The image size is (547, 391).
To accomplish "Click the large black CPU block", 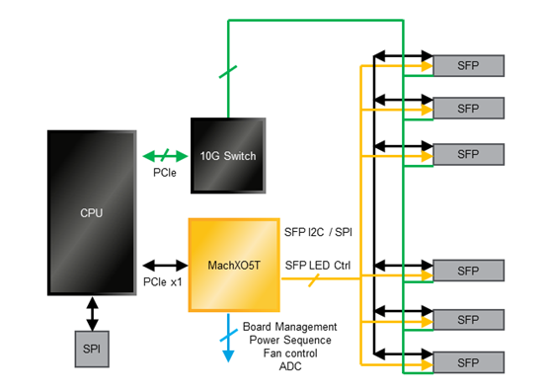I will click(91, 211).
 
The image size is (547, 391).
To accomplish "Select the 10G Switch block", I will click(229, 154).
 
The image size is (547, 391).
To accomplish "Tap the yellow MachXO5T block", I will click(235, 264).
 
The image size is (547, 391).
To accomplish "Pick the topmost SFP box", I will click(469, 65).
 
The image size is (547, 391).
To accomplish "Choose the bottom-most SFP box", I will click(469, 361).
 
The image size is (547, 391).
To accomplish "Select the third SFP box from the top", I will click(469, 154).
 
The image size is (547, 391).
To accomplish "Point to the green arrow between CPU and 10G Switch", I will click(163, 155).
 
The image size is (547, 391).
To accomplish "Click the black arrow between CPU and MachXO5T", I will click(165, 265).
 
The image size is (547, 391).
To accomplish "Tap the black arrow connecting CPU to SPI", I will click(91, 313).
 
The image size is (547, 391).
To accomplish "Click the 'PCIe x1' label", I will click(164, 283).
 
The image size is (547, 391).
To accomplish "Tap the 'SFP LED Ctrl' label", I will click(318, 265).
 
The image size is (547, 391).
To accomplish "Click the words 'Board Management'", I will click(289, 326).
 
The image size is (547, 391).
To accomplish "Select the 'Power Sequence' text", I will click(289, 339).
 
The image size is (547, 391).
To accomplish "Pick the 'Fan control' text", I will click(289, 352).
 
